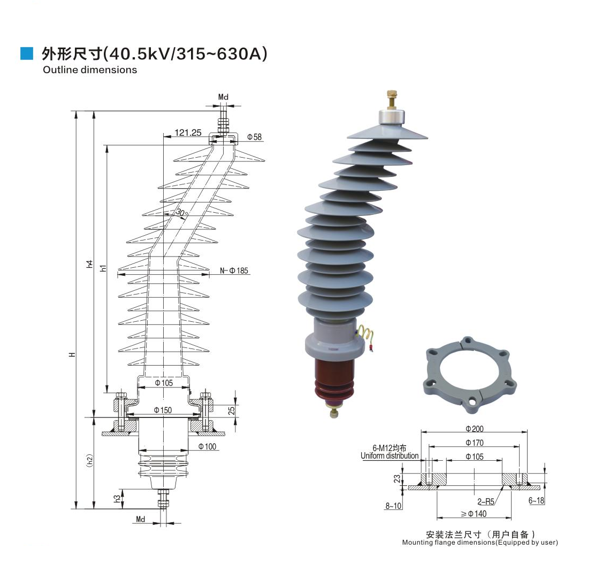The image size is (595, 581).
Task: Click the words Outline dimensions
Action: click(90, 70)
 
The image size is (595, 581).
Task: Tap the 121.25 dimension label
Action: click(187, 133)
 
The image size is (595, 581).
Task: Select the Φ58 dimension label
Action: click(255, 137)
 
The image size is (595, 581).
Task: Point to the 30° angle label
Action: click(181, 213)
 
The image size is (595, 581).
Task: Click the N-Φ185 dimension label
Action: click(234, 271)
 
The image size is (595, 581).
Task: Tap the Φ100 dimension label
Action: click(207, 446)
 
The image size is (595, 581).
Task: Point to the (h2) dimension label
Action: click(90, 461)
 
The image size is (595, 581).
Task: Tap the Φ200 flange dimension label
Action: click(475, 429)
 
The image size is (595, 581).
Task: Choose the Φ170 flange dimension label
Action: click(475, 442)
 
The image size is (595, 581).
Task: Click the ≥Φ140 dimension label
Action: click(474, 514)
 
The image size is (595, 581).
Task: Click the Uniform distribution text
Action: click(390, 456)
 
